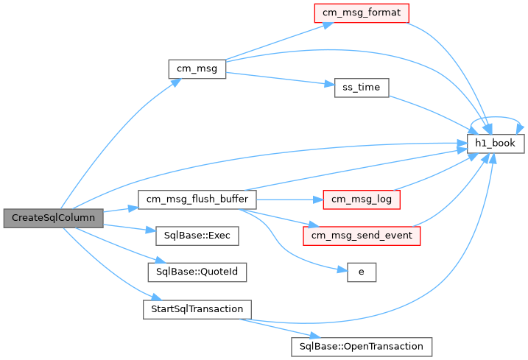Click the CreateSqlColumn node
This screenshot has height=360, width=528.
click(x=53, y=218)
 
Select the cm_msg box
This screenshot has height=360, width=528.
click(x=197, y=69)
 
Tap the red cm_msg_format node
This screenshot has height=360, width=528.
click(x=362, y=13)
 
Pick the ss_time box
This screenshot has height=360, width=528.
click(x=362, y=88)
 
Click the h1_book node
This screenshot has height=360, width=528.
click(x=496, y=144)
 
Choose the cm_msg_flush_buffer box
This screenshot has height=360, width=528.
click(x=197, y=200)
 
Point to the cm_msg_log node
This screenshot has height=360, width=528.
click(x=362, y=200)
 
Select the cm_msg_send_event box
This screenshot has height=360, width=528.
click(x=362, y=236)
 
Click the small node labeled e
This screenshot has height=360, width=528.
click(x=362, y=272)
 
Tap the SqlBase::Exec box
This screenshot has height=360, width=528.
click(x=197, y=236)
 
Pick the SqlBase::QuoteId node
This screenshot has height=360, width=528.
click(x=197, y=272)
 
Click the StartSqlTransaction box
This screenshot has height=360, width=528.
click(x=197, y=309)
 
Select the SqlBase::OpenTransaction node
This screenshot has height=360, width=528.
click(x=362, y=347)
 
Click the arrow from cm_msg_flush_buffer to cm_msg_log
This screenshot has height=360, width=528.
click(x=289, y=200)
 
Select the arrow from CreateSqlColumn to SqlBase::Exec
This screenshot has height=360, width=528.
click(x=130, y=228)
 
